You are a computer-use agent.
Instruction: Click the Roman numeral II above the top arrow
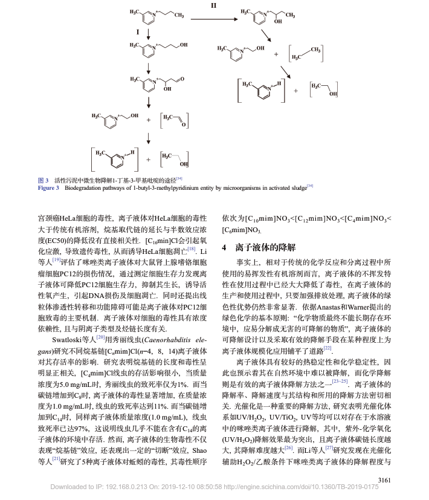(x=213, y=5)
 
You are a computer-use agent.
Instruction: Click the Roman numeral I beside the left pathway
(x=138, y=30)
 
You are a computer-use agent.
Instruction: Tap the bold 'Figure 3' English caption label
(x=48, y=188)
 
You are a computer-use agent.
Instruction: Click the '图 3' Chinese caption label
(x=43, y=180)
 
